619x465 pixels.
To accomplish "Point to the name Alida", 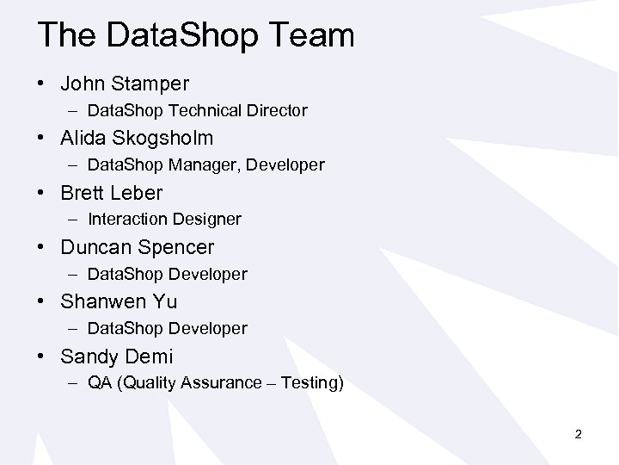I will (83, 139).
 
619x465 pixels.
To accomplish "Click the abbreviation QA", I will (98, 382).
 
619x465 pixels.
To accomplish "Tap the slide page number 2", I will (579, 435).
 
